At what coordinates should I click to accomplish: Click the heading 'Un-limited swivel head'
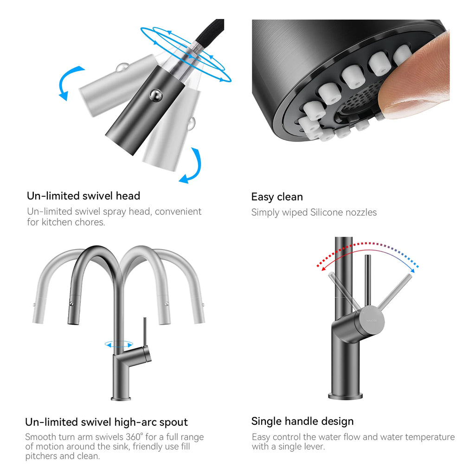click(x=83, y=196)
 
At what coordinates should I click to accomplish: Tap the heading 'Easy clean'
click(x=277, y=197)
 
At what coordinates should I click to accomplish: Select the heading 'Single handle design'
click(x=302, y=421)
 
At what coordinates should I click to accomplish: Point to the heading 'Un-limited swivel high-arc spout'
click(x=106, y=422)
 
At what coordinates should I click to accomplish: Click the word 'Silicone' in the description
click(x=329, y=212)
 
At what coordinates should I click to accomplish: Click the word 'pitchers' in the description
click(x=43, y=456)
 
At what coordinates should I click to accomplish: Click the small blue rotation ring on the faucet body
click(x=119, y=344)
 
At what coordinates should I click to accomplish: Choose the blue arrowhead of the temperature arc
click(x=416, y=268)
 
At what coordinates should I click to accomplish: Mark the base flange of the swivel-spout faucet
click(x=121, y=398)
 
